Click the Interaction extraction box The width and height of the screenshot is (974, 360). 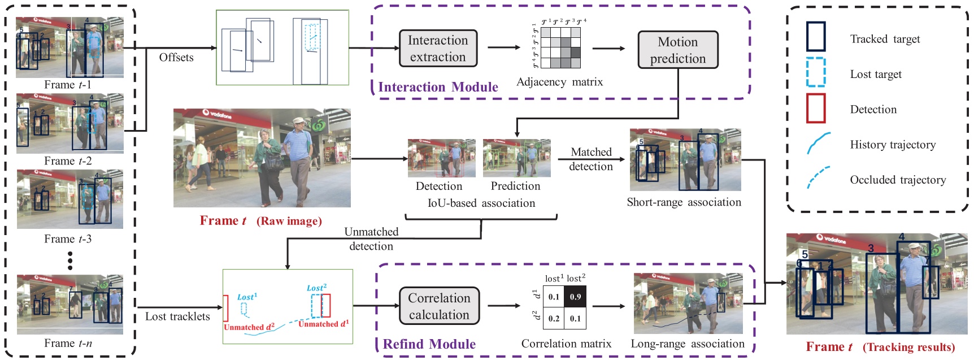coord(438,49)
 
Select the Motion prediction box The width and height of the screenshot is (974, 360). coord(677,50)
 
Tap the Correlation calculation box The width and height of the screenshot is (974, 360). coord(439,306)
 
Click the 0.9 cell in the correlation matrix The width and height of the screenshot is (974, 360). coord(575,297)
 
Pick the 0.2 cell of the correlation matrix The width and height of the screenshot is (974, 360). coord(554,318)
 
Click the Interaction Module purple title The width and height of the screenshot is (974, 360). coord(438,87)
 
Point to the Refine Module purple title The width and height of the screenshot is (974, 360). coord(429,344)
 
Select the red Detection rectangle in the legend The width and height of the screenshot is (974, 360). coord(815,109)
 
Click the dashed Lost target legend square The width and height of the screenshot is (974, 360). coord(815,73)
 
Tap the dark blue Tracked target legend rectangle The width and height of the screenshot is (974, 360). coord(815,37)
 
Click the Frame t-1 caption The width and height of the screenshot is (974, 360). coord(68,85)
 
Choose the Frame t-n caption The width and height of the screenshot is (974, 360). coord(68,343)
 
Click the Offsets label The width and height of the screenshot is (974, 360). coord(176,58)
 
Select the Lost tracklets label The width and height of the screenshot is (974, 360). coord(177,316)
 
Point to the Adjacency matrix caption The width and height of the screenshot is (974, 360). coord(559,82)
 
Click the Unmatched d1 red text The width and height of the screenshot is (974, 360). coord(323,324)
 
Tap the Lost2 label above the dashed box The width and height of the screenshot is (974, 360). coord(316,288)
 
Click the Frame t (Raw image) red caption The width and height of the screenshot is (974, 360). coord(260,221)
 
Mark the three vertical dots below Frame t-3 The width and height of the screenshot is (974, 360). coord(70,261)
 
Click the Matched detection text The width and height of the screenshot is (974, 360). coord(591,159)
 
